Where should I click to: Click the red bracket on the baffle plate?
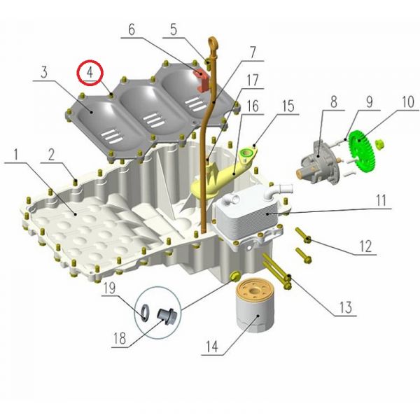202,79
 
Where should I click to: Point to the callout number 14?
212,347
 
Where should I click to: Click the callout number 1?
16,155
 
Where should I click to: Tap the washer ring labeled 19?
145,311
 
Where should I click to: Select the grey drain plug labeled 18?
167,316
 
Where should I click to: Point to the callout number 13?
345,307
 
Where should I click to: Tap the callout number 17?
252,80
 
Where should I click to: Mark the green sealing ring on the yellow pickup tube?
246,154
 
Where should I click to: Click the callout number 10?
408,101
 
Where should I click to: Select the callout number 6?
132,29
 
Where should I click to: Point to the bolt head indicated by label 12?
307,239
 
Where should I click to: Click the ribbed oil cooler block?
246,211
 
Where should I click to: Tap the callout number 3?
44,72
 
